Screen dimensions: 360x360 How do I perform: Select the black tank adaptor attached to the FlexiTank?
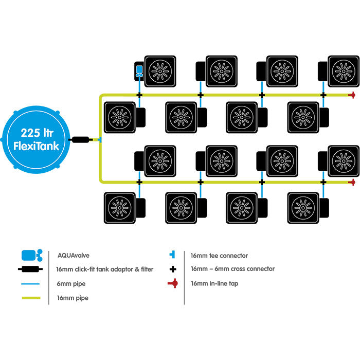tap(82, 139)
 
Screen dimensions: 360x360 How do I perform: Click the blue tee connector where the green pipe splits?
tap(100, 139)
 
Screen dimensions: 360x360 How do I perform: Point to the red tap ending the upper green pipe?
tap(352, 95)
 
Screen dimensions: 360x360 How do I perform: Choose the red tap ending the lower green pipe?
tap(352, 182)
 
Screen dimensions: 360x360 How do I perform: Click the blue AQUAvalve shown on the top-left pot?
tap(139, 71)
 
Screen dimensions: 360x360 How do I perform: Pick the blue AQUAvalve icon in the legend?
tap(31, 255)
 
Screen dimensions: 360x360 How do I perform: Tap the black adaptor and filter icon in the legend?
tap(31, 269)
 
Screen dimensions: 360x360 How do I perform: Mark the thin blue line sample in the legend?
tap(31, 283)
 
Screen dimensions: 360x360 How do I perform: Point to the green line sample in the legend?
tap(31, 298)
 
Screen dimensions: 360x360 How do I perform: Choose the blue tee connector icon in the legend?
tap(173, 255)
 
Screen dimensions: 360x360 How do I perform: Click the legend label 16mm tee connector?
tap(219, 256)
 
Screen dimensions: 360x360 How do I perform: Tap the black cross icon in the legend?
tap(173, 269)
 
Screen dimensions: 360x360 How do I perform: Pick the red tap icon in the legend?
tap(173, 283)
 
